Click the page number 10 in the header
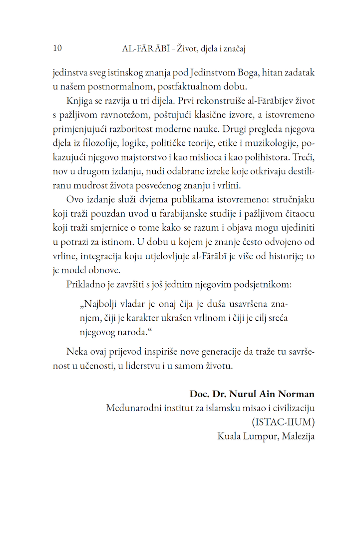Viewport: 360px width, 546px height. pyautogui.click(x=57, y=48)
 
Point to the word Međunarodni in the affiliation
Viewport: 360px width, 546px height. pyautogui.click(x=132, y=408)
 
